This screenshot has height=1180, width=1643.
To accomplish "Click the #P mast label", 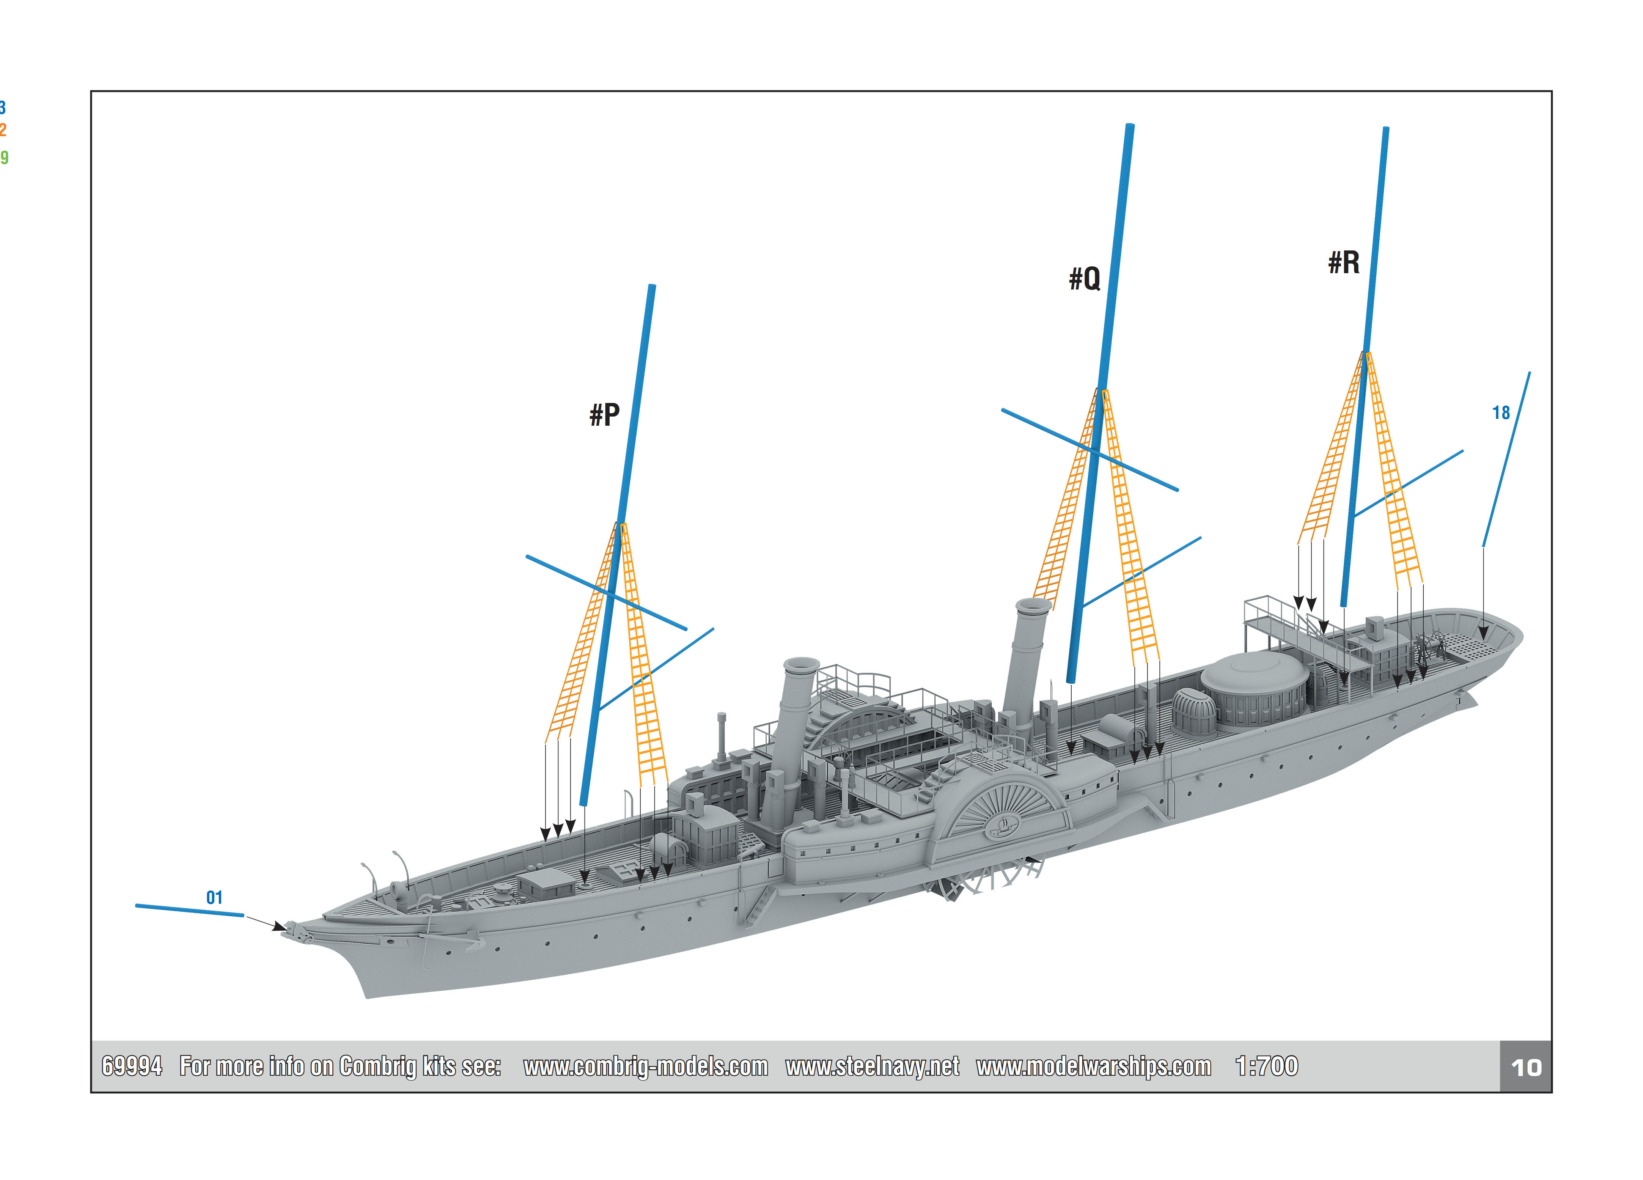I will (x=604, y=415).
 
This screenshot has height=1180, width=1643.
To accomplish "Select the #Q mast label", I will (x=1085, y=278).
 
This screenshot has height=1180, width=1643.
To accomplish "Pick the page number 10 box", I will (x=1526, y=1067).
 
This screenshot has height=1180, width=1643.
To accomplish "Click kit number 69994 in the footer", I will (x=132, y=1066).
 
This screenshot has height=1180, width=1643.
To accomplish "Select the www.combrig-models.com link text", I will (x=645, y=1066).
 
